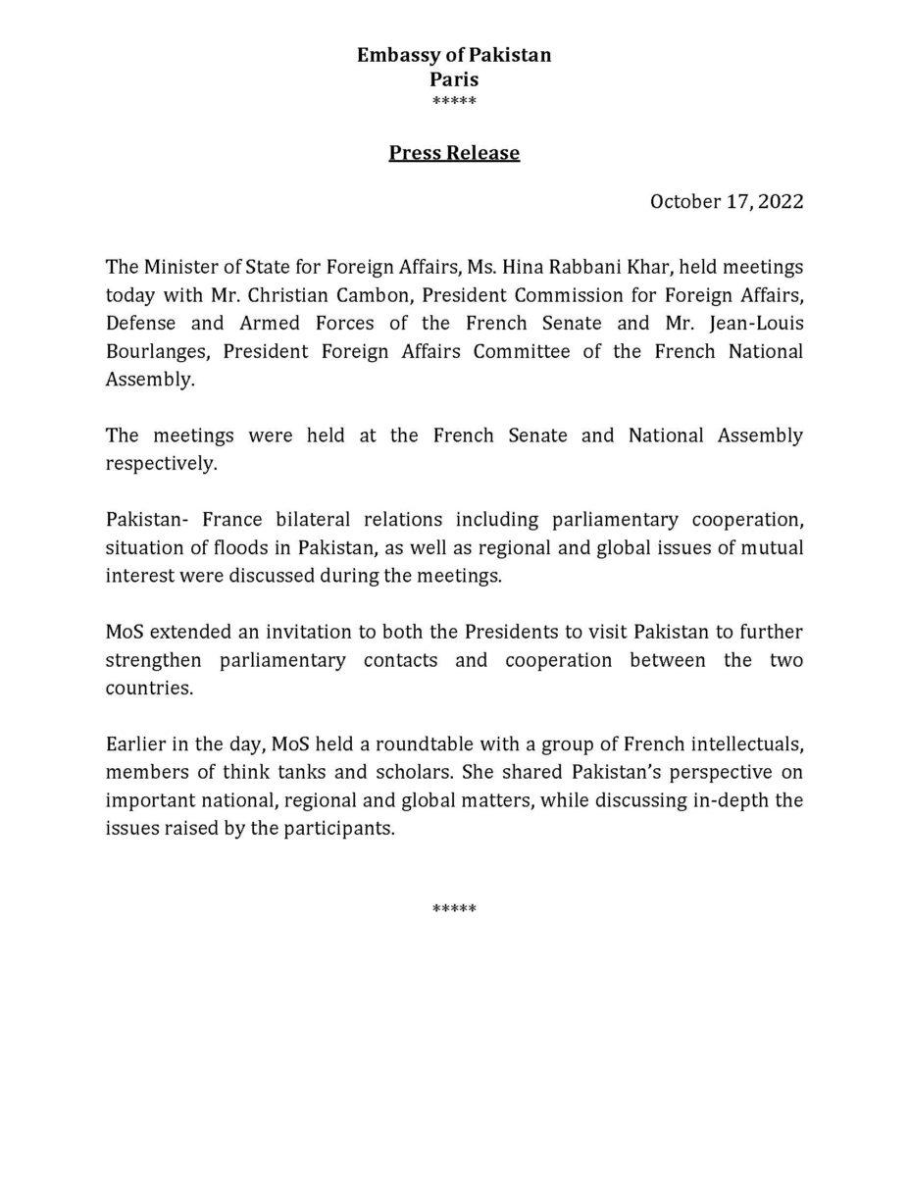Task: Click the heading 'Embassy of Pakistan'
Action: point(454,56)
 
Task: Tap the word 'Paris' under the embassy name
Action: point(454,79)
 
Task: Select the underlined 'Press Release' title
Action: point(454,153)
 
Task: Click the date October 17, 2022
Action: point(727,202)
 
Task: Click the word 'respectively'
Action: point(160,463)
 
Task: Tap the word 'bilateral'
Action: point(313,519)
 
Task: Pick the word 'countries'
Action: point(148,688)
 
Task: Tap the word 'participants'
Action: point(341,829)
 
